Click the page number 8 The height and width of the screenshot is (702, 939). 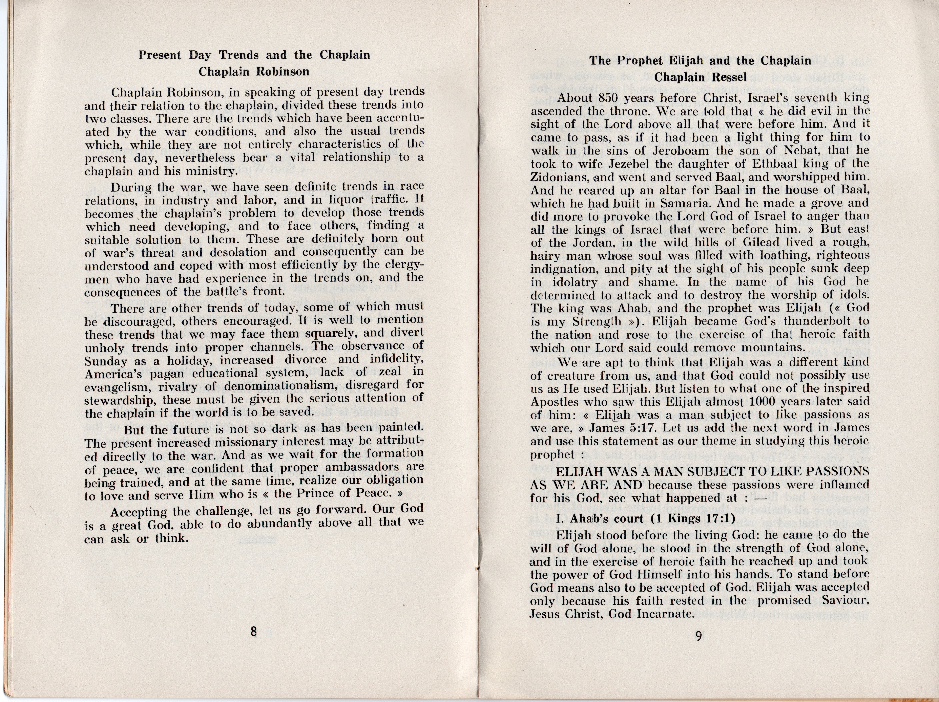(x=253, y=632)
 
